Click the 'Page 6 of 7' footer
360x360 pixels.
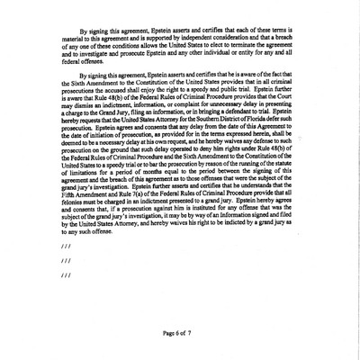point(179,335)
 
